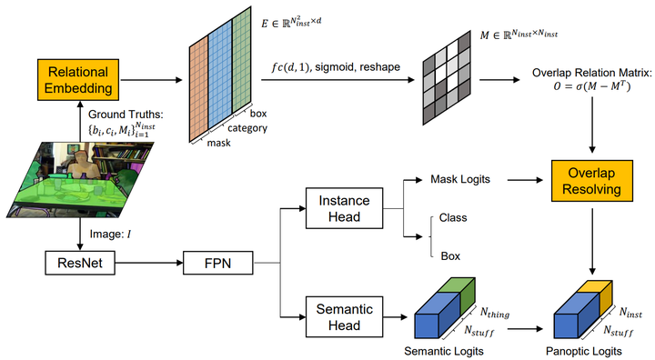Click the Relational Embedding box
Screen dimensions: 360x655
77,80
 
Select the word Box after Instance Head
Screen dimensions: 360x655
449,255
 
